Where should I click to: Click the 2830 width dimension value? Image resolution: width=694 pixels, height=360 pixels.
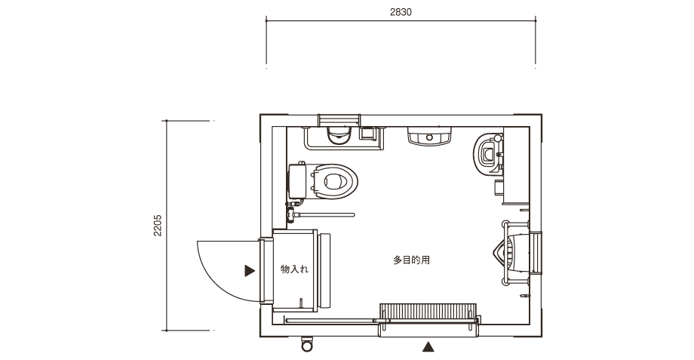pyautogui.click(x=401, y=12)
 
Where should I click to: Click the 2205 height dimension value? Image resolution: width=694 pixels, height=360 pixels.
pyautogui.click(x=158, y=226)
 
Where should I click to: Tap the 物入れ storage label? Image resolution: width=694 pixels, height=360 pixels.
pyautogui.click(x=294, y=269)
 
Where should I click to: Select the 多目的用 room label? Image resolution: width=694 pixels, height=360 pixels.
pyautogui.click(x=411, y=260)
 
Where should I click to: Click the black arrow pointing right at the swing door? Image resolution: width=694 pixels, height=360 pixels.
pyautogui.click(x=250, y=270)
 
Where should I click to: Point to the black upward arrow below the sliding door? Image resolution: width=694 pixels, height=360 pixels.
pyautogui.click(x=428, y=346)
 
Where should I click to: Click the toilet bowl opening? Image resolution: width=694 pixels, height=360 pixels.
pyautogui.click(x=334, y=181)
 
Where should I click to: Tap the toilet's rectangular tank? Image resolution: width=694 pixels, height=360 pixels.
pyautogui.click(x=297, y=181)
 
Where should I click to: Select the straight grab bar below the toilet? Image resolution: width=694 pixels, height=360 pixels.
pyautogui.click(x=324, y=215)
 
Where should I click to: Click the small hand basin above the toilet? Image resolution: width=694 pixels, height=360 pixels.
pyautogui.click(x=339, y=136)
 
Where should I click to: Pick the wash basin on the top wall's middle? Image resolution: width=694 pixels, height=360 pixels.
pyautogui.click(x=429, y=136)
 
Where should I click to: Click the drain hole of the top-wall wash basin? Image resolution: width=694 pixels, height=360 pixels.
pyautogui.click(x=429, y=137)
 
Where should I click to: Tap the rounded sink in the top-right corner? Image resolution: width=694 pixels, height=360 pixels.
pyautogui.click(x=488, y=154)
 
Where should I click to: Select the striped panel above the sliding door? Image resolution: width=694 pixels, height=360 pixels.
pyautogui.click(x=428, y=311)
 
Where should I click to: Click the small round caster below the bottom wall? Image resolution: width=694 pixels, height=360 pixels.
pyautogui.click(x=307, y=344)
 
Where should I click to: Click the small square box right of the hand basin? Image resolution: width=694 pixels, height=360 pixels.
pyautogui.click(x=367, y=134)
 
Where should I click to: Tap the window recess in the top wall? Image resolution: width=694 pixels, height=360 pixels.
pyautogui.click(x=339, y=120)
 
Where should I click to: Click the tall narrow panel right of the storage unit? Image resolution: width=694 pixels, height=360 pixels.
pyautogui.click(x=324, y=271)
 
